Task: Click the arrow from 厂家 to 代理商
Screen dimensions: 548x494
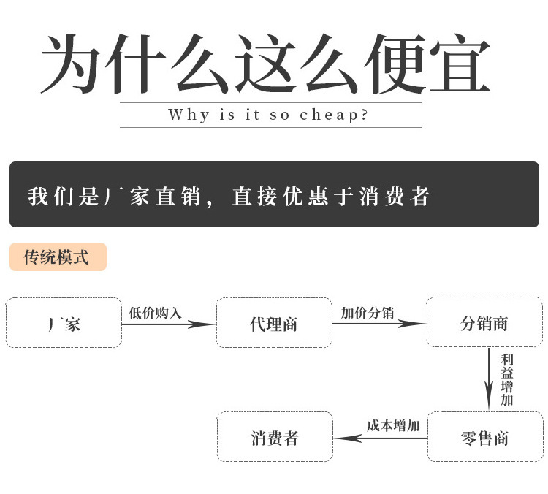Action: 169,324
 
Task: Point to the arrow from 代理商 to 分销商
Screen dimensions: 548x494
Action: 379,324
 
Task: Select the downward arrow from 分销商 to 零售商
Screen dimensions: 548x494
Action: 489,379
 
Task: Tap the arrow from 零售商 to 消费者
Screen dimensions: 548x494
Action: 381,438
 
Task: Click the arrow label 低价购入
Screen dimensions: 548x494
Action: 155,313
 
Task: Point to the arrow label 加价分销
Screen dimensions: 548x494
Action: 368,313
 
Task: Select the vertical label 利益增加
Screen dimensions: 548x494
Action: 507,380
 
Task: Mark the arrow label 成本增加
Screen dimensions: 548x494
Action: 393,426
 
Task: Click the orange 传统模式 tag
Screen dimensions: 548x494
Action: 58,257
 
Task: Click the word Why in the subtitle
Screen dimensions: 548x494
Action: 189,115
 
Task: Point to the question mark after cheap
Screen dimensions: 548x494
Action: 364,114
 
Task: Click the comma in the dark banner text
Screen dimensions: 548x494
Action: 210,202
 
